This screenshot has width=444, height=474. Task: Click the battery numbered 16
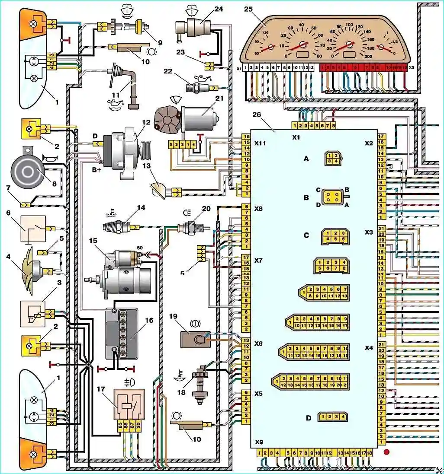(122, 334)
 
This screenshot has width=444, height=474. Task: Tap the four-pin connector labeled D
(332, 417)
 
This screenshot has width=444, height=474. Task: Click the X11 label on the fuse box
(260, 142)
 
